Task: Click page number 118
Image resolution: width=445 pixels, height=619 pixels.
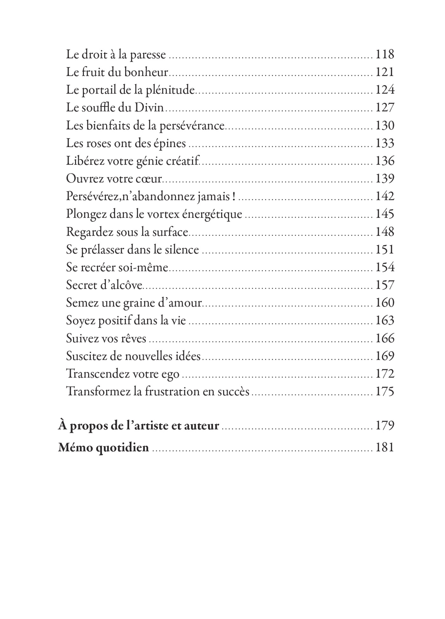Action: pos(385,54)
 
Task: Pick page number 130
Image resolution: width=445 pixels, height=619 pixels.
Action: pos(385,126)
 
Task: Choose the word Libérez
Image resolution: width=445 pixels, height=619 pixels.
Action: pos(85,161)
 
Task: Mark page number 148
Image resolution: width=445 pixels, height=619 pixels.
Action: pos(385,232)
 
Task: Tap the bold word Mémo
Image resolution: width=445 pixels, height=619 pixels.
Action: pos(75,447)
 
